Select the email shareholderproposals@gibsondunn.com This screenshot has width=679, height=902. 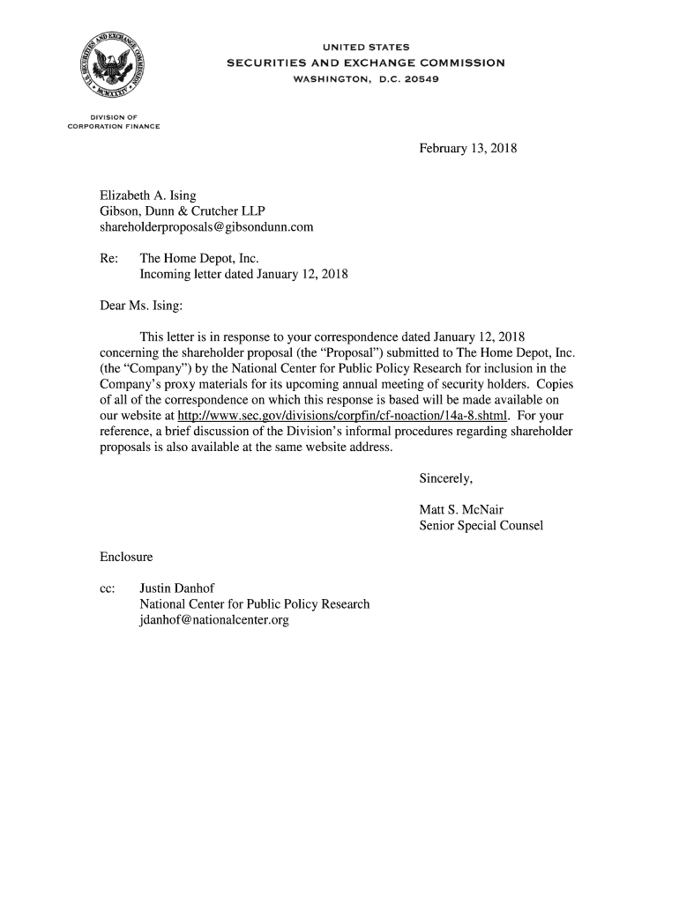(x=206, y=228)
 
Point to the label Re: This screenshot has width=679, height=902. (x=110, y=260)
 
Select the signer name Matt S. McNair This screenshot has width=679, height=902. (x=461, y=510)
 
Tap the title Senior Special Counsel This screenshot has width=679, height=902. (x=481, y=526)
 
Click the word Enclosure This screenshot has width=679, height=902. (x=126, y=558)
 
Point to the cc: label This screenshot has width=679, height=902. (x=108, y=588)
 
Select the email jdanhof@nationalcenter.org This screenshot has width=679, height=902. (x=214, y=620)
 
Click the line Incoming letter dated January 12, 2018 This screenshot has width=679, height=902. (x=243, y=275)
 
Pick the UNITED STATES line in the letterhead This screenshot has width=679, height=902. (x=365, y=47)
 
